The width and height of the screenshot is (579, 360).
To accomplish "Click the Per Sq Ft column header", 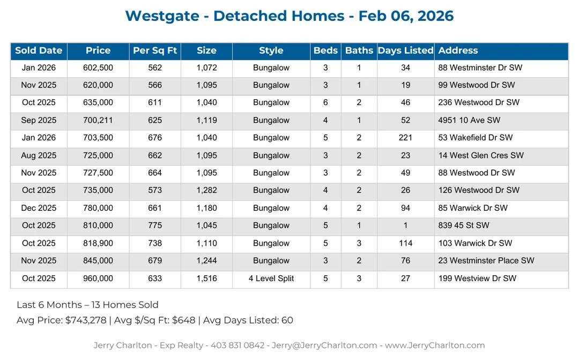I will (155, 50).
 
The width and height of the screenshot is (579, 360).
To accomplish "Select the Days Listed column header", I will (405, 50).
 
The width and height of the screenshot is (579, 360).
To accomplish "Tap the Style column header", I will (271, 50).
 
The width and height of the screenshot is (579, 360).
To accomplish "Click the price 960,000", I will (98, 278).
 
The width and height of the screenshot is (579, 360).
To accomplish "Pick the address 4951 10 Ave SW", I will (469, 120).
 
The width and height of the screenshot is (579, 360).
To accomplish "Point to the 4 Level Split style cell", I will (271, 278).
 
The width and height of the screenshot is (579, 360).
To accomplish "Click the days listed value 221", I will (405, 138).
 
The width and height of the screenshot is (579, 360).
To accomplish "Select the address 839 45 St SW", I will (463, 226).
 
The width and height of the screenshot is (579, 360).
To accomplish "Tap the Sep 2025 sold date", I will (39, 120).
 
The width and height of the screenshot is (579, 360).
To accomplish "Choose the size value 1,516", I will (206, 278).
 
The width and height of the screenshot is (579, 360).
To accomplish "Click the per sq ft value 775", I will (155, 226).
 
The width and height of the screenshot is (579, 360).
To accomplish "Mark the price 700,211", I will (98, 120).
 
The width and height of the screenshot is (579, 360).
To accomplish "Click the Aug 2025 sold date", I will (39, 156).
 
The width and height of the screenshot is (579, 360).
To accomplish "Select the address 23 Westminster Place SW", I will (486, 261).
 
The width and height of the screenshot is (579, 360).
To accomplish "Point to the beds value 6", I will (325, 102).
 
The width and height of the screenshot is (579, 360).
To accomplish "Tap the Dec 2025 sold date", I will (39, 208).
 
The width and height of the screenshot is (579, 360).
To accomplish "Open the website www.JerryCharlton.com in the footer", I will (435, 346).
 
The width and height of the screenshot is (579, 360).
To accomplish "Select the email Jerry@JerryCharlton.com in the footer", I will (324, 346).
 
